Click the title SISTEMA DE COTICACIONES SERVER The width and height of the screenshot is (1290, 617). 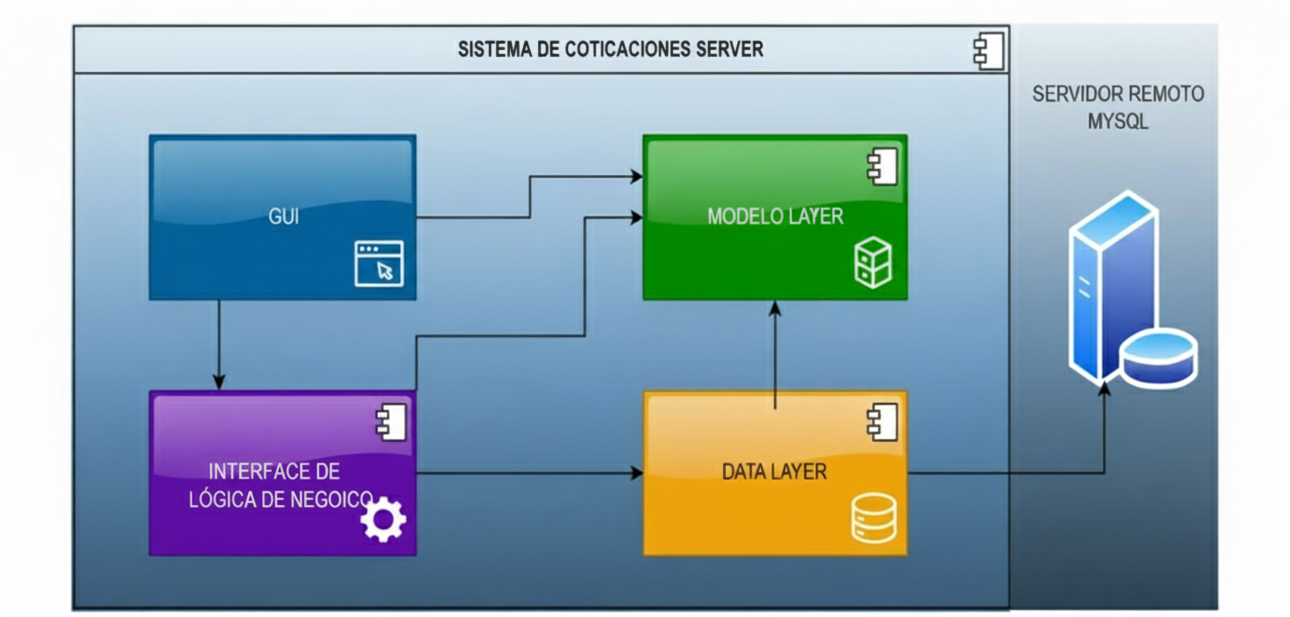[x=610, y=49]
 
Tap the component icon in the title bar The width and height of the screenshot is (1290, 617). [x=989, y=51]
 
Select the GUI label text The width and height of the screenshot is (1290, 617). [x=283, y=216]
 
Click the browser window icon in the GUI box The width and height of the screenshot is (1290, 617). [x=379, y=263]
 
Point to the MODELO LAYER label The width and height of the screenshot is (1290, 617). [x=775, y=216]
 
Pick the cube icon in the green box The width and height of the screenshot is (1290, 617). [x=872, y=263]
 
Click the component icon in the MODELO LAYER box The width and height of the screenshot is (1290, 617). [x=882, y=167]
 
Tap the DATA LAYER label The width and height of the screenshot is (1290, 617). [x=774, y=472]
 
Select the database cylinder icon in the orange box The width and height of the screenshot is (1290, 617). [x=873, y=518]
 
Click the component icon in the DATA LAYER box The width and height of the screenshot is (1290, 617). [x=882, y=422]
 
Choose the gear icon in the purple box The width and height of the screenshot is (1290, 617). [x=383, y=519]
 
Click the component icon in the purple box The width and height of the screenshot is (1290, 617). [x=390, y=422]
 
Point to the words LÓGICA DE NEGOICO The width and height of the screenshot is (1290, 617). [x=280, y=500]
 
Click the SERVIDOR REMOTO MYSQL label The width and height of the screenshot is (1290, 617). [x=1117, y=107]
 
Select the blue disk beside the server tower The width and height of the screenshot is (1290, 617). [x=1159, y=357]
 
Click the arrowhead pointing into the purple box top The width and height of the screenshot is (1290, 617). [x=219, y=382]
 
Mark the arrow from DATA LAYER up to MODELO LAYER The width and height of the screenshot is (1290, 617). [x=776, y=351]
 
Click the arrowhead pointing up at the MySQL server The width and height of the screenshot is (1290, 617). [x=1104, y=388]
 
